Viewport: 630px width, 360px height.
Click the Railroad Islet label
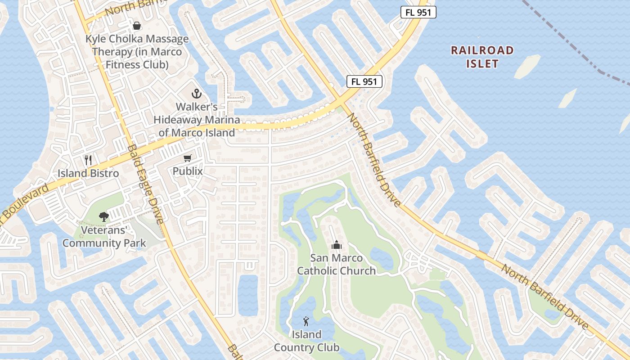pos(482,57)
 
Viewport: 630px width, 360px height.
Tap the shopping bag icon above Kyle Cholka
pos(137,26)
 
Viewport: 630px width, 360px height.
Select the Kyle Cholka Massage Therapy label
pos(137,52)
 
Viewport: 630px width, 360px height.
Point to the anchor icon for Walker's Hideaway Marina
pos(196,94)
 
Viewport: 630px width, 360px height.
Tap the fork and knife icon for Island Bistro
pos(88,160)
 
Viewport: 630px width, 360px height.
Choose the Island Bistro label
pos(88,173)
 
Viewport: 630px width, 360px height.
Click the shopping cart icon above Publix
pos(188,158)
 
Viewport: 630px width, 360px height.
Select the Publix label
pos(188,171)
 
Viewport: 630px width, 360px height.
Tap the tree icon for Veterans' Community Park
pos(104,216)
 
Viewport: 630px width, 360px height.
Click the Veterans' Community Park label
pos(104,237)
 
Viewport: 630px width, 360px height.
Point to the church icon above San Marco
pos(336,245)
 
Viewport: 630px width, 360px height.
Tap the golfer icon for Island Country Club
pos(306,321)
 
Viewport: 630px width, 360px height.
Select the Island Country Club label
pos(306,341)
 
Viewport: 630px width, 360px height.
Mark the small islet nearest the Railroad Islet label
pos(527,67)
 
